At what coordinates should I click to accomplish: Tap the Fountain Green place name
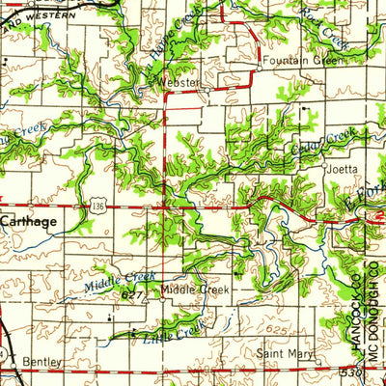(302, 61)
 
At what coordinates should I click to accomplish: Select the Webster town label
(181, 84)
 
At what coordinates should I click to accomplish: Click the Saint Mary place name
(280, 353)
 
